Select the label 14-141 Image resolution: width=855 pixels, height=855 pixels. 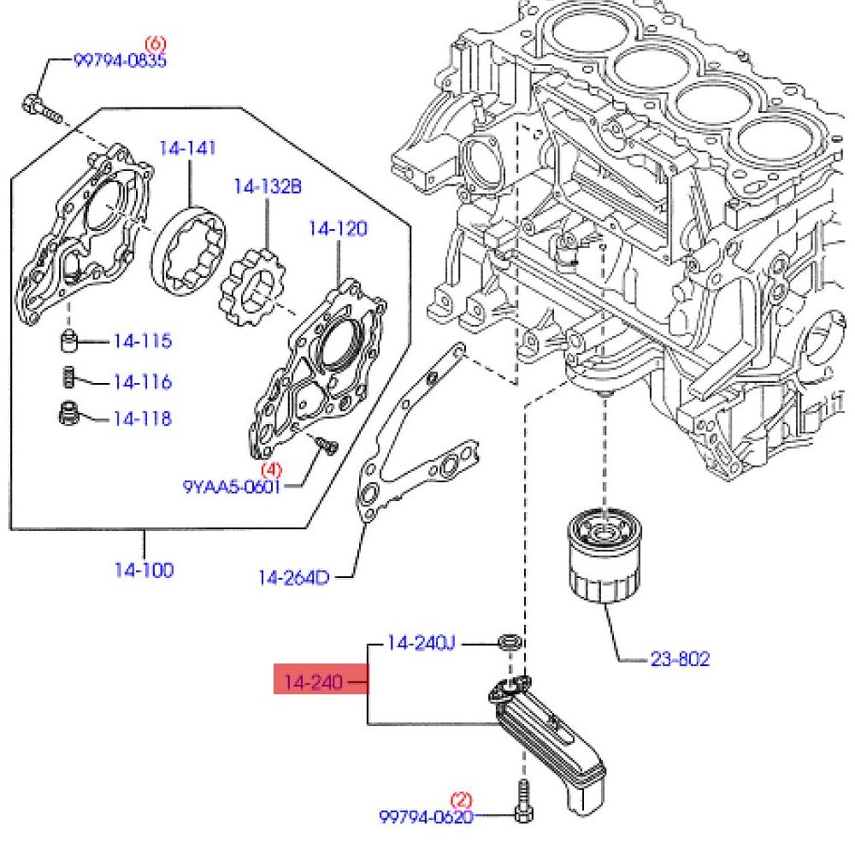point(187,149)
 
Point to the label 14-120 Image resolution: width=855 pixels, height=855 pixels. point(338,229)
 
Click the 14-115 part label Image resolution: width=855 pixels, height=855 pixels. point(142,341)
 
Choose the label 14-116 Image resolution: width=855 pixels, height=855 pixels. point(142,381)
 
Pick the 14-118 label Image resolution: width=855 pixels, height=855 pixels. point(142,418)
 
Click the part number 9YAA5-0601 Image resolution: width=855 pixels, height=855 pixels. point(232,486)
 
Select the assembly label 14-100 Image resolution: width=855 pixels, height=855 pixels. point(144,569)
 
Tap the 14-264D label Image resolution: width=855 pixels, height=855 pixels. point(293,578)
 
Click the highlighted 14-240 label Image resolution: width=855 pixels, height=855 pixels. point(313,682)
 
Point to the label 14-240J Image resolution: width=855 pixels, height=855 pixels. point(421,642)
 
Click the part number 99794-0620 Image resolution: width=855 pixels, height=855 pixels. point(426,817)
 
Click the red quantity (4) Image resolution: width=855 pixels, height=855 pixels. point(271,469)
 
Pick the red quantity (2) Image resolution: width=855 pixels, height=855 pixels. point(461,800)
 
